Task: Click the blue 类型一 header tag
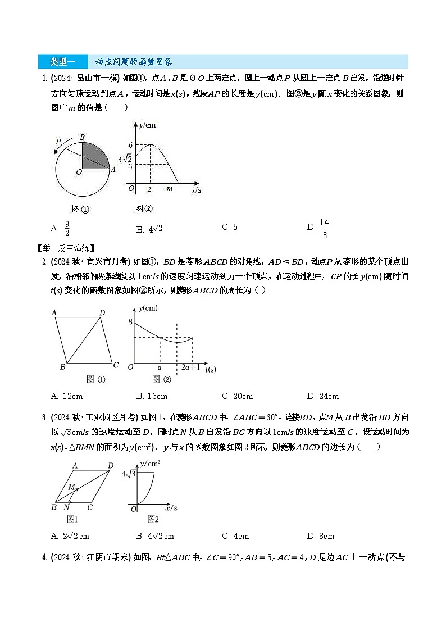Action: coord(62,61)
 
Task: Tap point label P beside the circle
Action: coord(58,142)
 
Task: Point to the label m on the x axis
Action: coord(170,189)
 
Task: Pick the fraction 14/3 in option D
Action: coord(324,229)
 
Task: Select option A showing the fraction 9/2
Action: coord(67,229)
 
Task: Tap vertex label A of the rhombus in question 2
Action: coord(53,312)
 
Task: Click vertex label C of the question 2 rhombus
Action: coord(115,365)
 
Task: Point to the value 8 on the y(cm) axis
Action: coord(130,322)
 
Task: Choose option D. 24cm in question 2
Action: coord(323,396)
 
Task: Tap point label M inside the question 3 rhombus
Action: coord(71,487)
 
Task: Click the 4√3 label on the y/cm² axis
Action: coord(129,474)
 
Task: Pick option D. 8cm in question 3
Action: coord(321,536)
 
